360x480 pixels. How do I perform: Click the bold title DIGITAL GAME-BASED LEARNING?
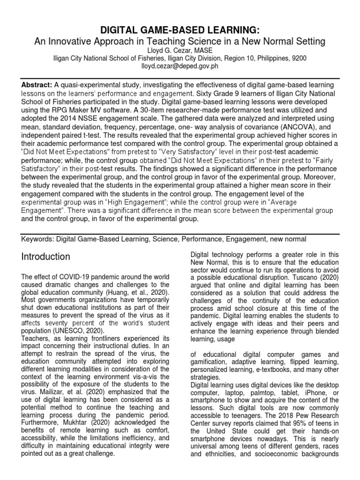pos(180,30)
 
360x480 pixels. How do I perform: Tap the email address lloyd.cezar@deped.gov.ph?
pos(180,67)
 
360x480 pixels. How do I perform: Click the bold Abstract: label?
pos(37,84)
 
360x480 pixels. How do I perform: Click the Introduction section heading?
pos(46,257)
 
